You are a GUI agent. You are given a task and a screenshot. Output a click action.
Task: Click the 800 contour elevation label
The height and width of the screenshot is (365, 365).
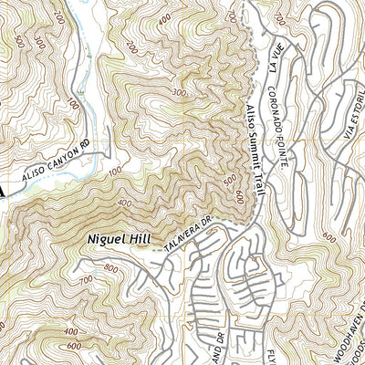click(x=111, y=268)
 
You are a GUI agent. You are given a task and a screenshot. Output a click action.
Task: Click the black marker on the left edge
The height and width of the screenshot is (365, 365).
click(x=4, y=189)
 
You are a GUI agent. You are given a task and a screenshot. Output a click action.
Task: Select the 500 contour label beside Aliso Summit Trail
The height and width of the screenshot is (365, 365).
click(x=229, y=181)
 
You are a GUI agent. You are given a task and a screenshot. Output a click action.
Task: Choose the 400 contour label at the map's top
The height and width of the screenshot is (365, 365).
click(x=163, y=19)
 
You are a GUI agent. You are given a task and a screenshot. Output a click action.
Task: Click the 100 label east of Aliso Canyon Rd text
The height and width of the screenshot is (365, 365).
click(x=115, y=171)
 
